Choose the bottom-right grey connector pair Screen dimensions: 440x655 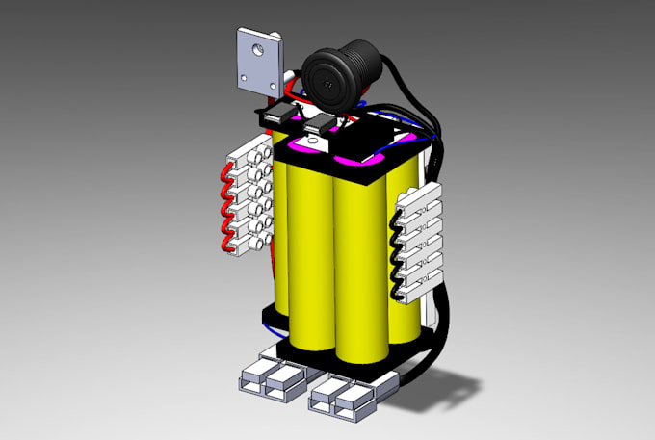click(x=342, y=392)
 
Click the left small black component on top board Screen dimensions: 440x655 click(x=275, y=118)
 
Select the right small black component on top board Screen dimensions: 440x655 click(x=316, y=123)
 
